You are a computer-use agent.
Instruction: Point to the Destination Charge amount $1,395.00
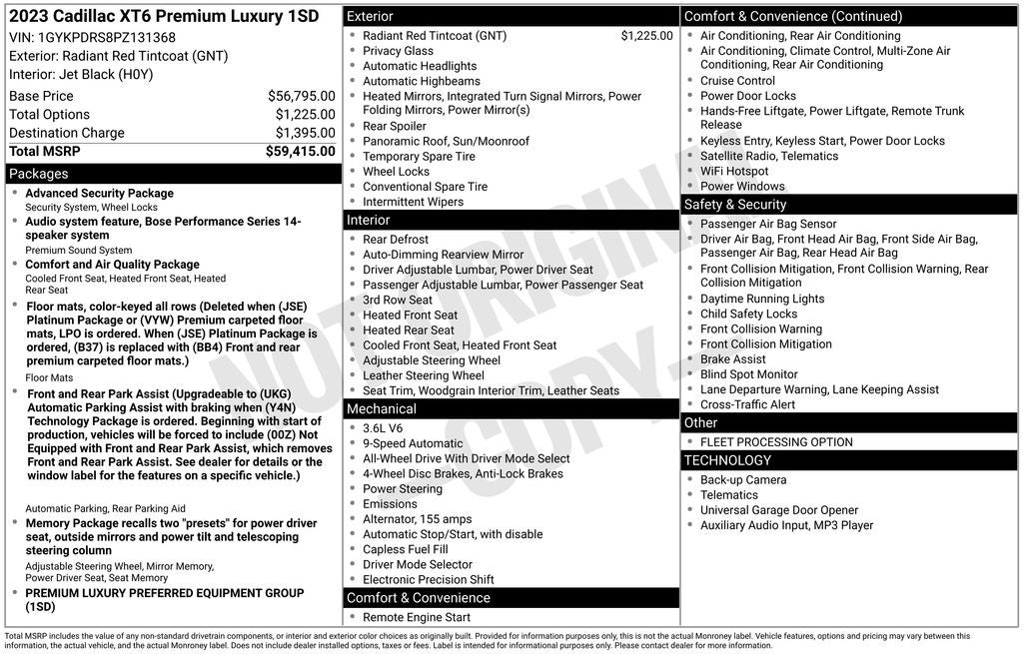305,133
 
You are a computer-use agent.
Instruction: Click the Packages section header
39,174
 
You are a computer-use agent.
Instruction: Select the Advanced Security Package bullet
99,194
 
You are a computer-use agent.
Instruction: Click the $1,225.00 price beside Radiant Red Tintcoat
646,36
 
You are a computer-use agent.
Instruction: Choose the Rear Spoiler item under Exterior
394,126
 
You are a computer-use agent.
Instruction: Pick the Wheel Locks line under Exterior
396,172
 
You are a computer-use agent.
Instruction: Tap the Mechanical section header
382,409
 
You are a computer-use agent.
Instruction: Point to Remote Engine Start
417,618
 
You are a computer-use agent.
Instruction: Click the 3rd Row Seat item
398,300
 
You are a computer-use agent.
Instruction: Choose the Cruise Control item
737,81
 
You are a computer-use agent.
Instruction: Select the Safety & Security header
735,205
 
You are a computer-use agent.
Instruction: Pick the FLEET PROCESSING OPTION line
776,442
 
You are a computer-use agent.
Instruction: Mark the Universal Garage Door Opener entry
779,510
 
